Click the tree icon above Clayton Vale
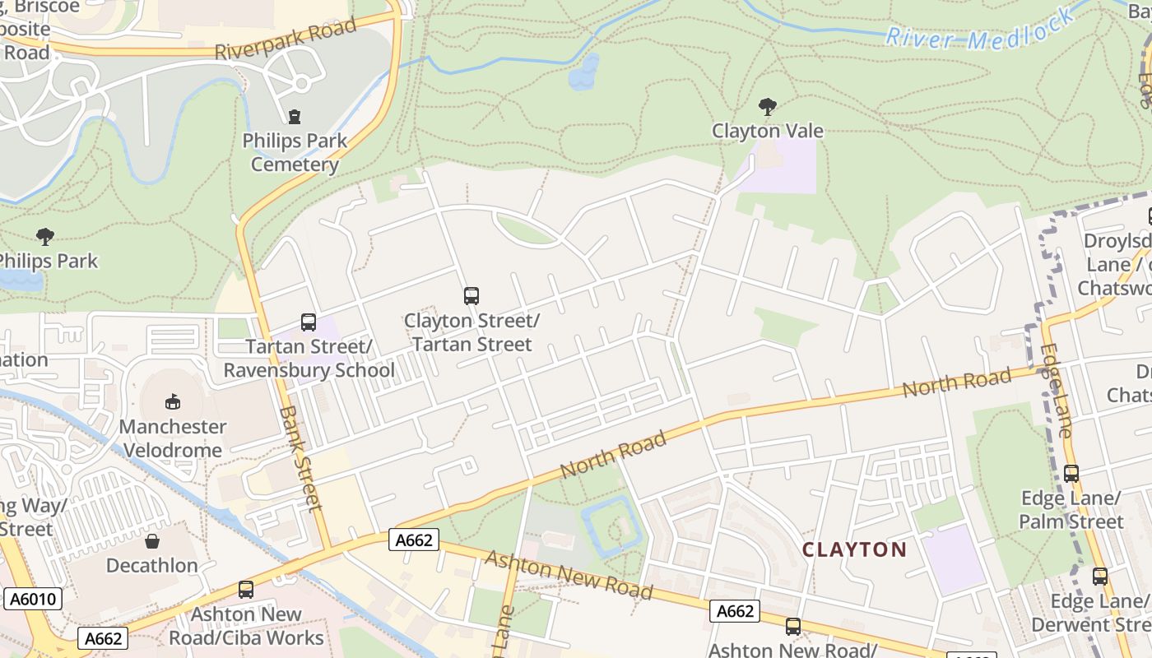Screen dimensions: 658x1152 tap(768, 107)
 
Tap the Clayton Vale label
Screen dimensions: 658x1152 tap(768, 131)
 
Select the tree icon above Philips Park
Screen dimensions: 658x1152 tap(45, 238)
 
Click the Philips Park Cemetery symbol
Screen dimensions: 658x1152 tap(295, 117)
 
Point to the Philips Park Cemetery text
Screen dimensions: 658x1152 tap(295, 152)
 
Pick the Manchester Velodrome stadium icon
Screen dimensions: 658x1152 tap(172, 402)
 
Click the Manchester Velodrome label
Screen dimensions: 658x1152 tap(172, 438)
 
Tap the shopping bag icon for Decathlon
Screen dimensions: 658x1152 tap(152, 541)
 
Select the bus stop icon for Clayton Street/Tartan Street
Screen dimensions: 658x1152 tap(471, 296)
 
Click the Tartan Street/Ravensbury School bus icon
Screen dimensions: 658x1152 tap(309, 322)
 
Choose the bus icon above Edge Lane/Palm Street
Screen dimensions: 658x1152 tap(1071, 474)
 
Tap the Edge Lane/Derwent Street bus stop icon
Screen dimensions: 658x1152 tap(1099, 577)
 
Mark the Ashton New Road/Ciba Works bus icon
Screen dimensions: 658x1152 tap(245, 590)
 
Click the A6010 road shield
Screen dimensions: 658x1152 tap(33, 599)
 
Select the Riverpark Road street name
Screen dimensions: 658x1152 tap(286, 39)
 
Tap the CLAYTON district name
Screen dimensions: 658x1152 tap(854, 549)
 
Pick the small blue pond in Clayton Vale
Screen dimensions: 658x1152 tap(584, 72)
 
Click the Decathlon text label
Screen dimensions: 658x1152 tap(152, 566)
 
